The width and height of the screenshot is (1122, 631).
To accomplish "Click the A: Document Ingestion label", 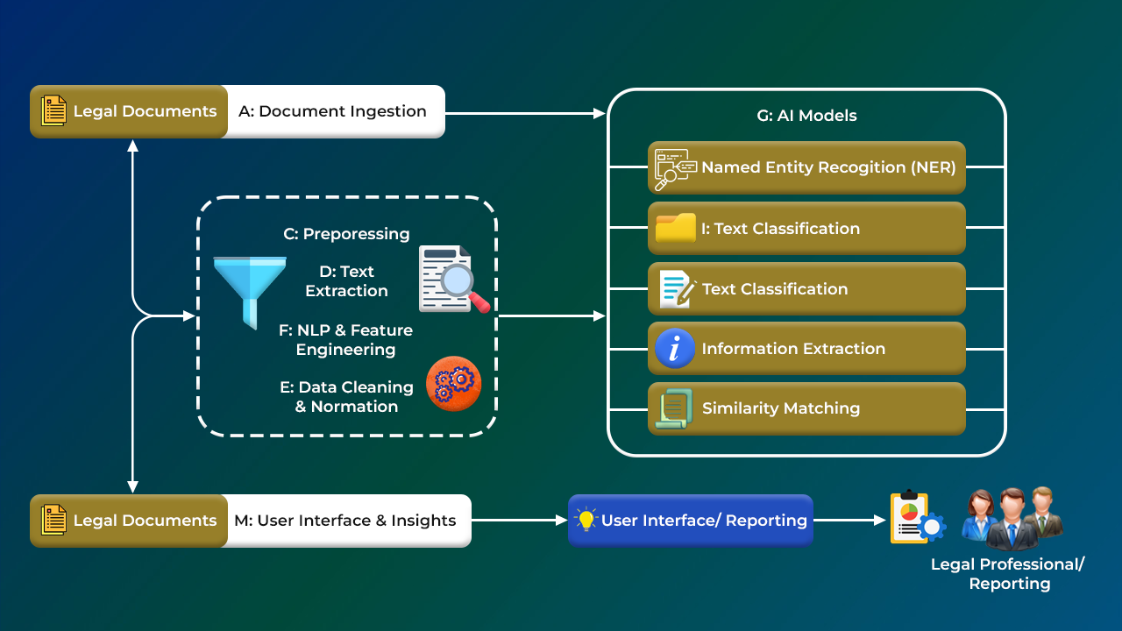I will pos(332,111).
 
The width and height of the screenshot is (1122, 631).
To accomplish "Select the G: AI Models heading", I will pos(806,116).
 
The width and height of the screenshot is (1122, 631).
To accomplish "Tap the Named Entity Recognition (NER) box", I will pos(806,167).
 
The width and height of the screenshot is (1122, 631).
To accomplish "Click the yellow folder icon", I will pos(675,229).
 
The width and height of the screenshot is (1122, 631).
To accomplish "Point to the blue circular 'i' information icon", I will pos(675,349).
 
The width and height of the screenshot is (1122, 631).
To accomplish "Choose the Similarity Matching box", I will pos(806,408).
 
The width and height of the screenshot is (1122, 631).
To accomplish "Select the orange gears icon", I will pos(453,384).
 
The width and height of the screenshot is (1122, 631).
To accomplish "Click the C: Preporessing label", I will pos(346,234).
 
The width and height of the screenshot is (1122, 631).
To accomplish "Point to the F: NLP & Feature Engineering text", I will pos(345,340).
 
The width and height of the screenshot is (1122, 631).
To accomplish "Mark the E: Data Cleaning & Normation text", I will pos(347,396).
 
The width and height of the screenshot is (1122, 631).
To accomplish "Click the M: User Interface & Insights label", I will pos(344,521).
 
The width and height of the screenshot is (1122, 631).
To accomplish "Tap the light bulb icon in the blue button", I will pos(586,519).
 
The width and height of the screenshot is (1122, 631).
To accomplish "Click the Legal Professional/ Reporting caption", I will pos(1008,574).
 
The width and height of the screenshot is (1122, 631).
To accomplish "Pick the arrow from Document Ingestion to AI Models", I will pos(526,113).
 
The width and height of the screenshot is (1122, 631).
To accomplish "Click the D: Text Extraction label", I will pos(346,281).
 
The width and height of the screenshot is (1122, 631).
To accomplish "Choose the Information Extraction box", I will pos(806,349).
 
